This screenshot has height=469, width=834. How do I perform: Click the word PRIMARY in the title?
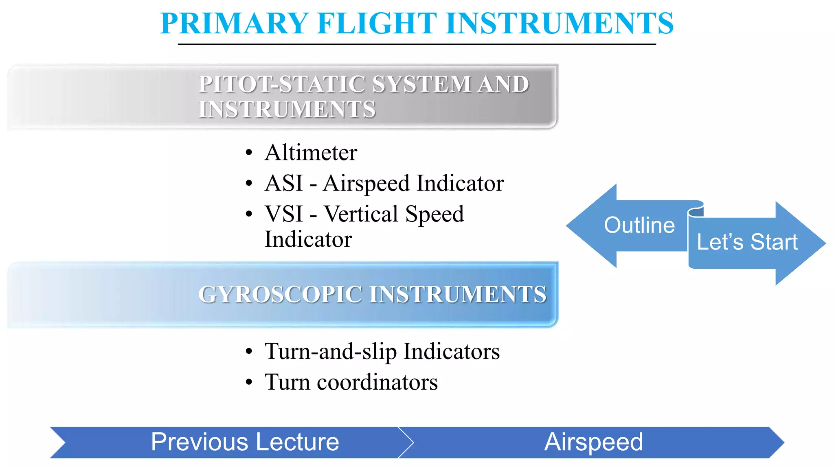point(234,24)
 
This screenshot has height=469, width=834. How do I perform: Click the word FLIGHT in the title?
point(377,24)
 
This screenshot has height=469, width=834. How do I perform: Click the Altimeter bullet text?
point(311,153)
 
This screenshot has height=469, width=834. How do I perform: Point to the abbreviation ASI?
point(284,183)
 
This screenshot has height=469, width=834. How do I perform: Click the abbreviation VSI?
point(284,214)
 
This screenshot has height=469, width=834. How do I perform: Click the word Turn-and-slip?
point(330,351)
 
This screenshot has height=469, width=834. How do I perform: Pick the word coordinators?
point(377,382)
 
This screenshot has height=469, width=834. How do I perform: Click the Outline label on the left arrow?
point(639,226)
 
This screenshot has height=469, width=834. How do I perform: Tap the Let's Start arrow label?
point(747,242)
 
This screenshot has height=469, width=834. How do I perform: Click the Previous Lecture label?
point(245,442)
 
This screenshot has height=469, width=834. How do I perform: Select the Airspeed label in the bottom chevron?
point(593,442)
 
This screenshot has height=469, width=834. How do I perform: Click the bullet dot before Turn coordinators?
point(249,383)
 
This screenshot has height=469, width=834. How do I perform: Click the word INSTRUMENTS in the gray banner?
point(287,110)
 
